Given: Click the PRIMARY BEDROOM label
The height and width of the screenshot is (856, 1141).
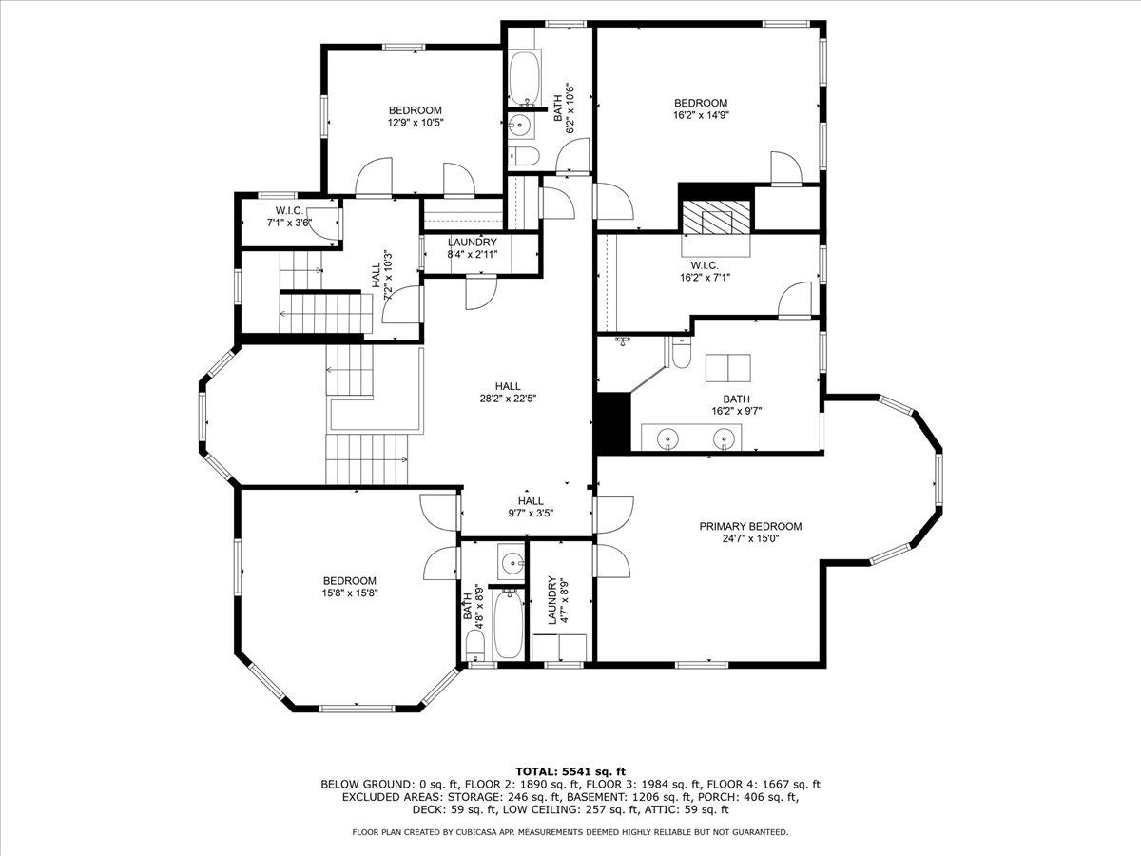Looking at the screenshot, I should [x=750, y=526].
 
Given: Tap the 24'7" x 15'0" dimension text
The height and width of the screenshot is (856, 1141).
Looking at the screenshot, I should [x=750, y=539].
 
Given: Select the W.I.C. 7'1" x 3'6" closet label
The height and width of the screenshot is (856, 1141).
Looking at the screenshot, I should [x=289, y=216].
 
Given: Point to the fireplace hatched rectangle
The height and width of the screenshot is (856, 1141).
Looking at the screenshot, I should [x=716, y=218].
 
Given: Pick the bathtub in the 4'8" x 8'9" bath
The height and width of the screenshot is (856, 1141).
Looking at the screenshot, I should [x=509, y=624].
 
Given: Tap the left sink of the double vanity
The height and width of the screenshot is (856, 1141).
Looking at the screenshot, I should [x=670, y=438].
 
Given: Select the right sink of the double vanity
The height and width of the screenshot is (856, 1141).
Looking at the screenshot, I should [x=726, y=438].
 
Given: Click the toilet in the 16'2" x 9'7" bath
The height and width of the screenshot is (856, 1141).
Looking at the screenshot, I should [x=681, y=353].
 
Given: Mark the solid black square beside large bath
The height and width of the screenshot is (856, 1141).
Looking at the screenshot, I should [x=612, y=420].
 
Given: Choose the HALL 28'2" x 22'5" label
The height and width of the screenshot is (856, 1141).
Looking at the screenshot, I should [x=507, y=392].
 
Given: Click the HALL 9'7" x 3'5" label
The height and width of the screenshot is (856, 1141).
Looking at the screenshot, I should [x=531, y=507].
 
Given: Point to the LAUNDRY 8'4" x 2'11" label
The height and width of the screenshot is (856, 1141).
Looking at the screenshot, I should [x=473, y=248].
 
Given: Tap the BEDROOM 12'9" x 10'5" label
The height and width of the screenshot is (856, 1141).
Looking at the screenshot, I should [x=416, y=116].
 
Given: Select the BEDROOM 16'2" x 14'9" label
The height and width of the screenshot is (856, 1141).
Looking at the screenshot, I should [x=701, y=108].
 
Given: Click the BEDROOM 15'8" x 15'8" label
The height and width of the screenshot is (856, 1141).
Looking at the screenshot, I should [x=349, y=587].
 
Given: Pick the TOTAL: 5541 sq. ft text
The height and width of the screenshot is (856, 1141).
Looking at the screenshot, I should [x=570, y=770].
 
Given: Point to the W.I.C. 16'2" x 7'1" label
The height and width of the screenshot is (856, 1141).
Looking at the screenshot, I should [x=704, y=271].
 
